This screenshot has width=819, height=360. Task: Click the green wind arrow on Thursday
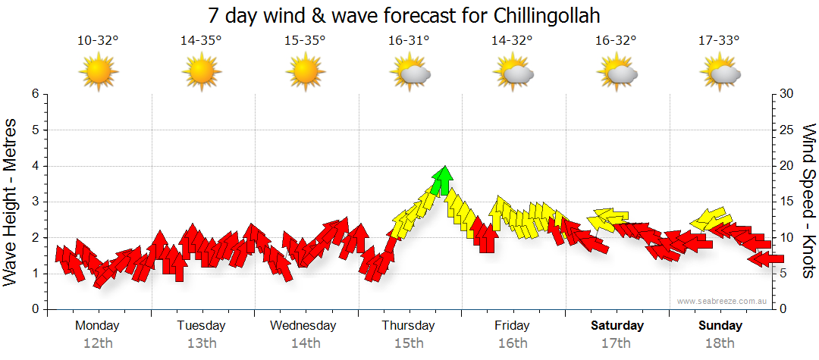pyautogui.click(x=443, y=182)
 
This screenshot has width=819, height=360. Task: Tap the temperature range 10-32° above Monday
pyautogui.click(x=98, y=41)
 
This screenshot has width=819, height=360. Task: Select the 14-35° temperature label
pyautogui.click(x=201, y=41)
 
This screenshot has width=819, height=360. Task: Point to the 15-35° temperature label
pyautogui.click(x=305, y=41)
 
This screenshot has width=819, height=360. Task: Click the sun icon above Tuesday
pyautogui.click(x=202, y=73)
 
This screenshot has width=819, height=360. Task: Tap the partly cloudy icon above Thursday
pyautogui.click(x=409, y=74)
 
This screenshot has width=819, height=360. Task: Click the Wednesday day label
pyautogui.click(x=303, y=326)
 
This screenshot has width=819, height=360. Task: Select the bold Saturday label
pyautogui.click(x=617, y=326)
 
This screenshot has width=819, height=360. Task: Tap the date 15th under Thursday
pyautogui.click(x=409, y=343)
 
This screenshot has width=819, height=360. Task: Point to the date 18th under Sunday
pyautogui.click(x=720, y=343)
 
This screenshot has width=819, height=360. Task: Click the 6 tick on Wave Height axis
pyautogui.click(x=35, y=94)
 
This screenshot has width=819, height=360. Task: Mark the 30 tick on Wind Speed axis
pyautogui.click(x=788, y=94)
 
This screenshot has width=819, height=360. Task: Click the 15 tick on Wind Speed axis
pyautogui.click(x=788, y=202)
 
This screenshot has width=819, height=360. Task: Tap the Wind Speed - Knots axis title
pyautogui.click(x=808, y=201)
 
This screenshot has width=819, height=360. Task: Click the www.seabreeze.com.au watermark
pyautogui.click(x=723, y=301)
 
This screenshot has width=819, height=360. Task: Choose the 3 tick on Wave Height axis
pyautogui.click(x=35, y=202)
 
